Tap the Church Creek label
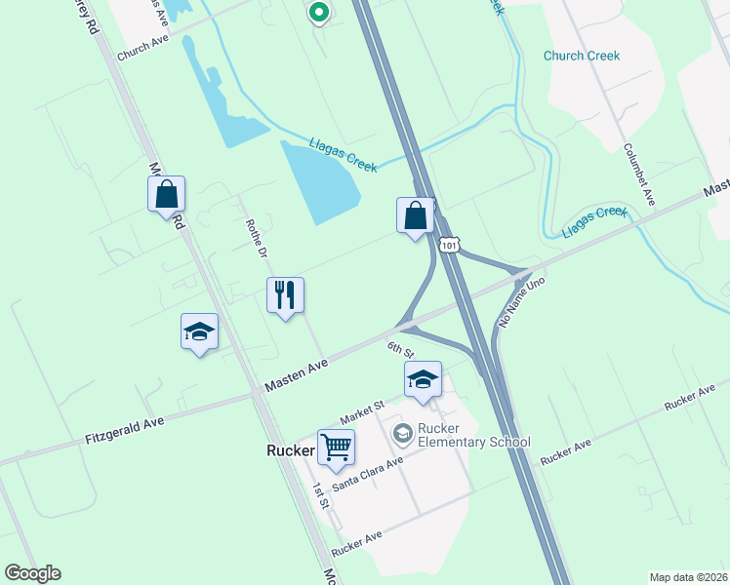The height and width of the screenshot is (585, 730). click(x=582, y=56)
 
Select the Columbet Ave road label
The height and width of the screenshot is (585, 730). click(x=639, y=175)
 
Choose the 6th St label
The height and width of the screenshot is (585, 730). click(x=400, y=349)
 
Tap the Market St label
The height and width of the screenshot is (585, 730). click(x=363, y=405)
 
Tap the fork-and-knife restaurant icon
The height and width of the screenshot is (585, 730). click(x=285, y=293)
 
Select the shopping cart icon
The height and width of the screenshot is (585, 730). click(x=336, y=447)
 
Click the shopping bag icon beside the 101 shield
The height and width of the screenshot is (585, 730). click(x=416, y=214)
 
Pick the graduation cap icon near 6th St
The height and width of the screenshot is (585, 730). click(x=423, y=378)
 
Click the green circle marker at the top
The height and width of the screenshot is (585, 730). click(x=317, y=13)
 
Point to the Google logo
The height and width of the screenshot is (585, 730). click(x=32, y=573)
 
